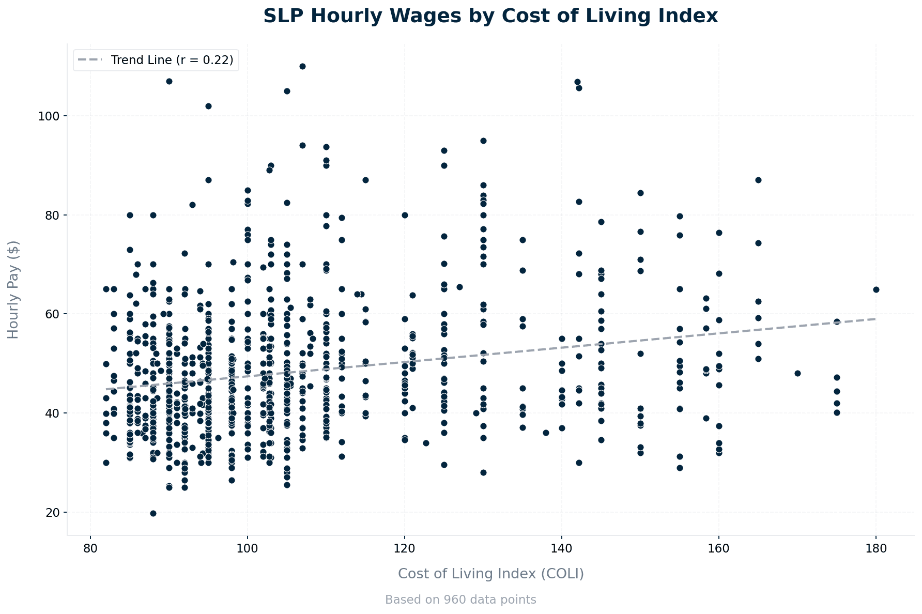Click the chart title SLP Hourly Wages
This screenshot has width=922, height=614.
pyautogui.click(x=490, y=16)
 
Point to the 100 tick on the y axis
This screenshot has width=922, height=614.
pyautogui.click(x=52, y=116)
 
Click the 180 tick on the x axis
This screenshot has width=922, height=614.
pyautogui.click(x=875, y=548)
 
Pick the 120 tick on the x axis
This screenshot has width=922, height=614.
pyautogui.click(x=405, y=548)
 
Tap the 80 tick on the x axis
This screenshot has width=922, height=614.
pyautogui.click(x=90, y=548)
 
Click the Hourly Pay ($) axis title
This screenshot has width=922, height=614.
pyautogui.click(x=13, y=289)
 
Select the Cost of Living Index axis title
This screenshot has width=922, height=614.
pyautogui.click(x=490, y=574)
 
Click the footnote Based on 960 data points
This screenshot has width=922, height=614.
pyautogui.click(x=460, y=600)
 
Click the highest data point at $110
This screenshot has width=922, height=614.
pyautogui.click(x=302, y=66)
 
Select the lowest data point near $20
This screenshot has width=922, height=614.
pyautogui.click(x=153, y=513)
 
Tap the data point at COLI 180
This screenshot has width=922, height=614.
pyautogui.click(x=875, y=289)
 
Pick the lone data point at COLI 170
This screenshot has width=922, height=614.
pyautogui.click(x=797, y=373)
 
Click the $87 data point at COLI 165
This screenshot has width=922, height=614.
pyautogui.click(x=758, y=180)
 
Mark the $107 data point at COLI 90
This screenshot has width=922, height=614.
pyautogui.click(x=169, y=81)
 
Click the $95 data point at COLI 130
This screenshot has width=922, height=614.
pyautogui.click(x=483, y=141)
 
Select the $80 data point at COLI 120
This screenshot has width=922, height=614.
pyautogui.click(x=405, y=215)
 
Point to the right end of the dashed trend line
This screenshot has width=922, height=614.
pyautogui.click(x=875, y=319)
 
